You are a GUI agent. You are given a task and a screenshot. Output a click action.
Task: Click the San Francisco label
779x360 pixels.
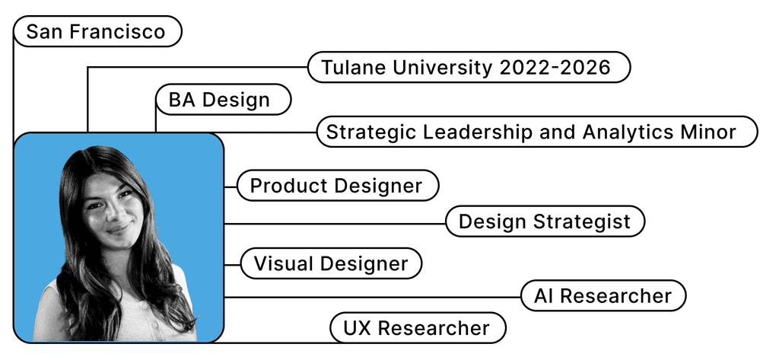click(97, 32)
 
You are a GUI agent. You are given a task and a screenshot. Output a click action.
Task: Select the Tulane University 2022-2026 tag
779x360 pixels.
click(469, 67)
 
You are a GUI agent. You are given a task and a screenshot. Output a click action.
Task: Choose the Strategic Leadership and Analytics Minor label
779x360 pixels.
click(536, 132)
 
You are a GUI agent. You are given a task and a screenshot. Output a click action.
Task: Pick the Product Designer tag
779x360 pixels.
click(338, 186)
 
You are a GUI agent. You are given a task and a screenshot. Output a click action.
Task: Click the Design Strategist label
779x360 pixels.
click(545, 221)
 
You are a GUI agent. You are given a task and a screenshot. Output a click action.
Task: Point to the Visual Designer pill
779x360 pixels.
click(331, 264)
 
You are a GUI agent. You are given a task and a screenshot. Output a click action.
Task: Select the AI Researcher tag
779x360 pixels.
click(603, 295)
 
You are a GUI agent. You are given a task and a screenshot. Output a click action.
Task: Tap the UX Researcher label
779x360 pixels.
click(418, 329)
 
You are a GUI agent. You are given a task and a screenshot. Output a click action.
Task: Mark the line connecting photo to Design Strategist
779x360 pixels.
click(335, 224)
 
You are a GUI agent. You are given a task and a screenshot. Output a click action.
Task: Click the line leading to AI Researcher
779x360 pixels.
click(373, 297)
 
